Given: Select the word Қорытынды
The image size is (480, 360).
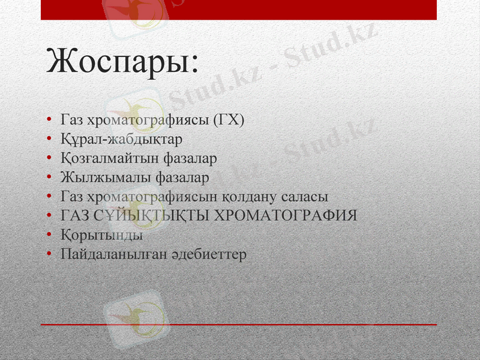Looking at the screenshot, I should click(x=97, y=235).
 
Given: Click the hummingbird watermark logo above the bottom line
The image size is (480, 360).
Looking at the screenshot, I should click(x=134, y=315).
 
